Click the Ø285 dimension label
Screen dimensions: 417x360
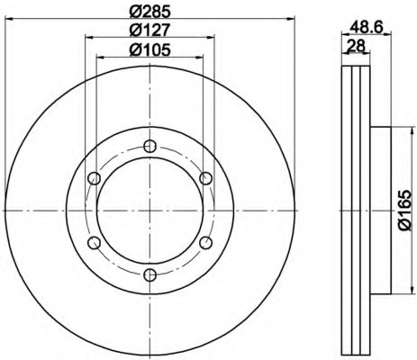tap(150, 12)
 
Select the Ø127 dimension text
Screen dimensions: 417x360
tap(150, 30)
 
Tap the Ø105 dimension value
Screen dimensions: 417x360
tap(150, 49)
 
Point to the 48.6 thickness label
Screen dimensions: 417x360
tap(367, 28)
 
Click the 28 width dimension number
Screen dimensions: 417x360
tap(356, 46)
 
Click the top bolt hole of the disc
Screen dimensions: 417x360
tap(150, 147)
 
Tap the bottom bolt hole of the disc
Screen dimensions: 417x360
tap(150, 274)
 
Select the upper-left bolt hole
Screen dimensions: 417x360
tap(95, 178)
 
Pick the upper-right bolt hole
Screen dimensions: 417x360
tap(205, 178)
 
